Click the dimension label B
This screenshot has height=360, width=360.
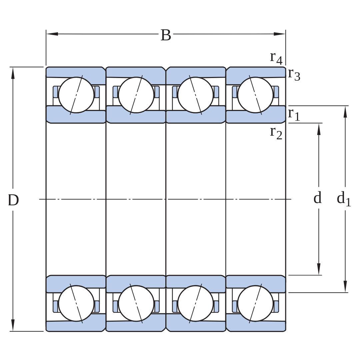[x=166, y=35]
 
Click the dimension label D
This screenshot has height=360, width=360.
[x=13, y=200]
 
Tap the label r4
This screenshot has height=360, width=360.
[x=276, y=58]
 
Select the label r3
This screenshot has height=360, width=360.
[x=294, y=74]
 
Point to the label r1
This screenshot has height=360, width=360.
[x=294, y=114]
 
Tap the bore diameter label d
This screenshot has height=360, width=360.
[x=318, y=198]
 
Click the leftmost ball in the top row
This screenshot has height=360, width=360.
[x=76, y=95]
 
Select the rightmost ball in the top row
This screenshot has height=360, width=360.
[x=255, y=95]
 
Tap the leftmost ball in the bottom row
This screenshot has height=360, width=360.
[x=76, y=303]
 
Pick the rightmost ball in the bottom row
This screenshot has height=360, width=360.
[x=255, y=303]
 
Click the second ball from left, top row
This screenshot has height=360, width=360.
[x=136, y=95]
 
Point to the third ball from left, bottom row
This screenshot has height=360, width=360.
[x=195, y=303]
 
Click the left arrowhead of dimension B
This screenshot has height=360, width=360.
[x=52, y=34]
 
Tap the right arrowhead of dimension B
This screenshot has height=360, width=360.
[x=280, y=34]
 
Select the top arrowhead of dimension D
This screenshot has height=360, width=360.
[x=13, y=73]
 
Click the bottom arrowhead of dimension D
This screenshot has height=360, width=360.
[x=13, y=325]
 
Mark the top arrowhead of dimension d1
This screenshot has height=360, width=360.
[x=345, y=112]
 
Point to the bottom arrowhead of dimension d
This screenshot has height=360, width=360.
[x=319, y=269]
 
